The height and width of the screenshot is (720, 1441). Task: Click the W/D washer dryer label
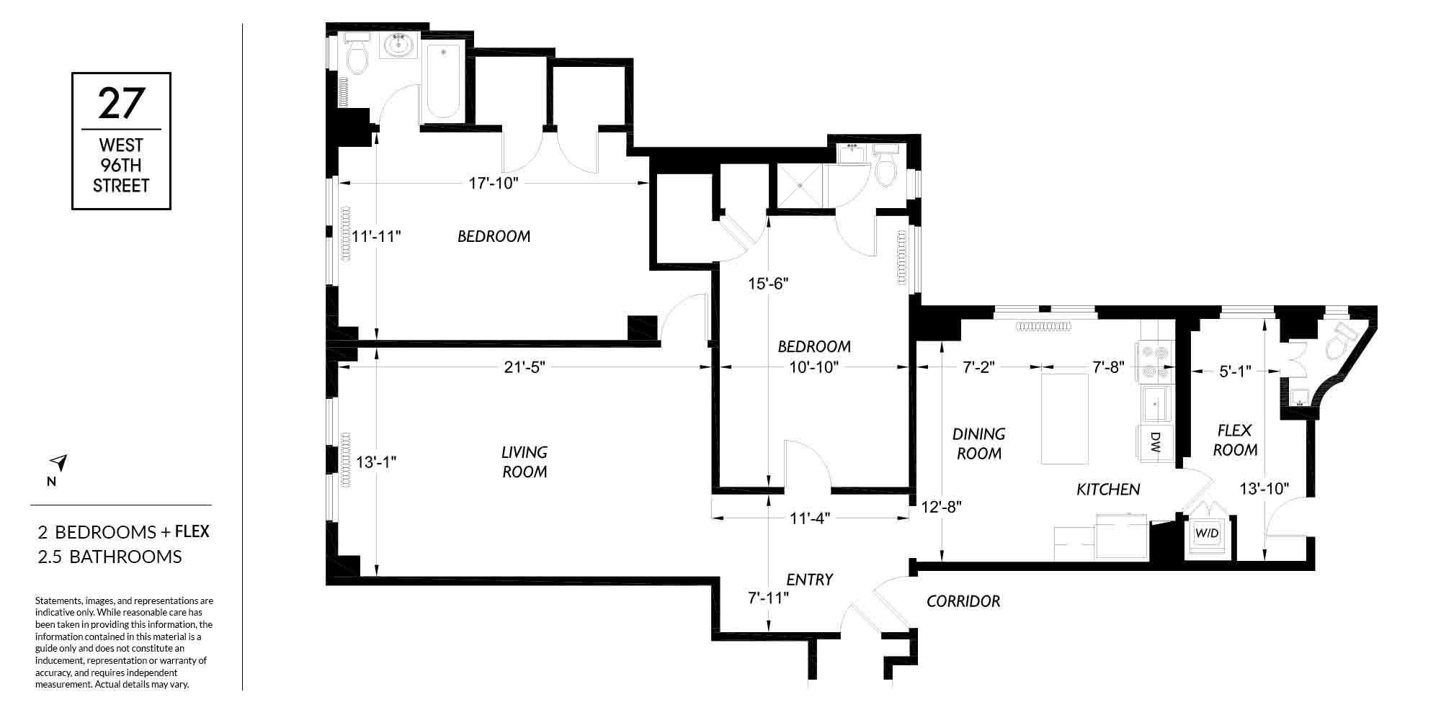tap(1207, 534)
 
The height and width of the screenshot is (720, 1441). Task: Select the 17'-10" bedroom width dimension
tap(494, 183)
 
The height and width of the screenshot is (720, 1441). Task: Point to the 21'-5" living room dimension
tap(525, 367)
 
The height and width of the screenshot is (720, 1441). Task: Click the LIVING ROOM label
tap(525, 462)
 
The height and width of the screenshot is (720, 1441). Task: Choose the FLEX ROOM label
tap(1235, 440)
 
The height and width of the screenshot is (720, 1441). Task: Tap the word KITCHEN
tap(1108, 490)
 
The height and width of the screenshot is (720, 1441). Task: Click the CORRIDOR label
tap(963, 601)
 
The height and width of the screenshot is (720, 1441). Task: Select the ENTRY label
tap(810, 580)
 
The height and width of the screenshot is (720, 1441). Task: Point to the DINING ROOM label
tap(978, 444)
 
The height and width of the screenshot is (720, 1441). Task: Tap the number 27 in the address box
tap(121, 103)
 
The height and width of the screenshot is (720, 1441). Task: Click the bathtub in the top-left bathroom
tap(443, 81)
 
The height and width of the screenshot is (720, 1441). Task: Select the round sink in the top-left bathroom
tap(398, 45)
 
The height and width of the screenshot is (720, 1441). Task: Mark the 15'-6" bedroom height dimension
tap(769, 284)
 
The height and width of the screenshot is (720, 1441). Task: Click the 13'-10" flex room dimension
tap(1264, 489)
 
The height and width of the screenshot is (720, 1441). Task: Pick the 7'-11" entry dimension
tap(769, 598)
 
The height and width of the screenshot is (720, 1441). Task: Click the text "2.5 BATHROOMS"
tap(110, 557)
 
